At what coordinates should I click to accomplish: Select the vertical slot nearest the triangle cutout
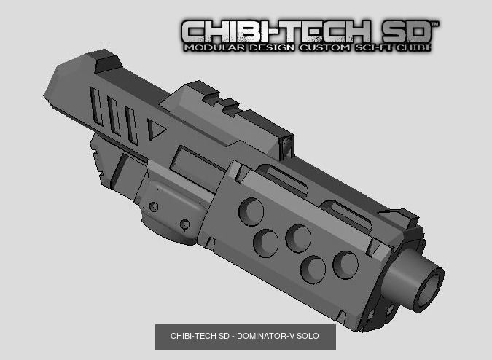tap(131, 125)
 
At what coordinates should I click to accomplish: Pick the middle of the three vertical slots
tap(114, 115)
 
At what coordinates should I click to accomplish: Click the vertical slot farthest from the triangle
tap(95, 106)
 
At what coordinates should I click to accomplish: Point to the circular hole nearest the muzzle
tap(345, 264)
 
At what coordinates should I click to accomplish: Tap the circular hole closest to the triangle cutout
tap(251, 211)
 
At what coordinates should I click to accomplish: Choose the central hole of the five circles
tap(298, 238)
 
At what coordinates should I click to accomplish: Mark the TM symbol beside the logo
tap(435, 24)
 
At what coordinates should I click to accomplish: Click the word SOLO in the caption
tap(309, 337)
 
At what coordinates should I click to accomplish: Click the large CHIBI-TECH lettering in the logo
tap(277, 31)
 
